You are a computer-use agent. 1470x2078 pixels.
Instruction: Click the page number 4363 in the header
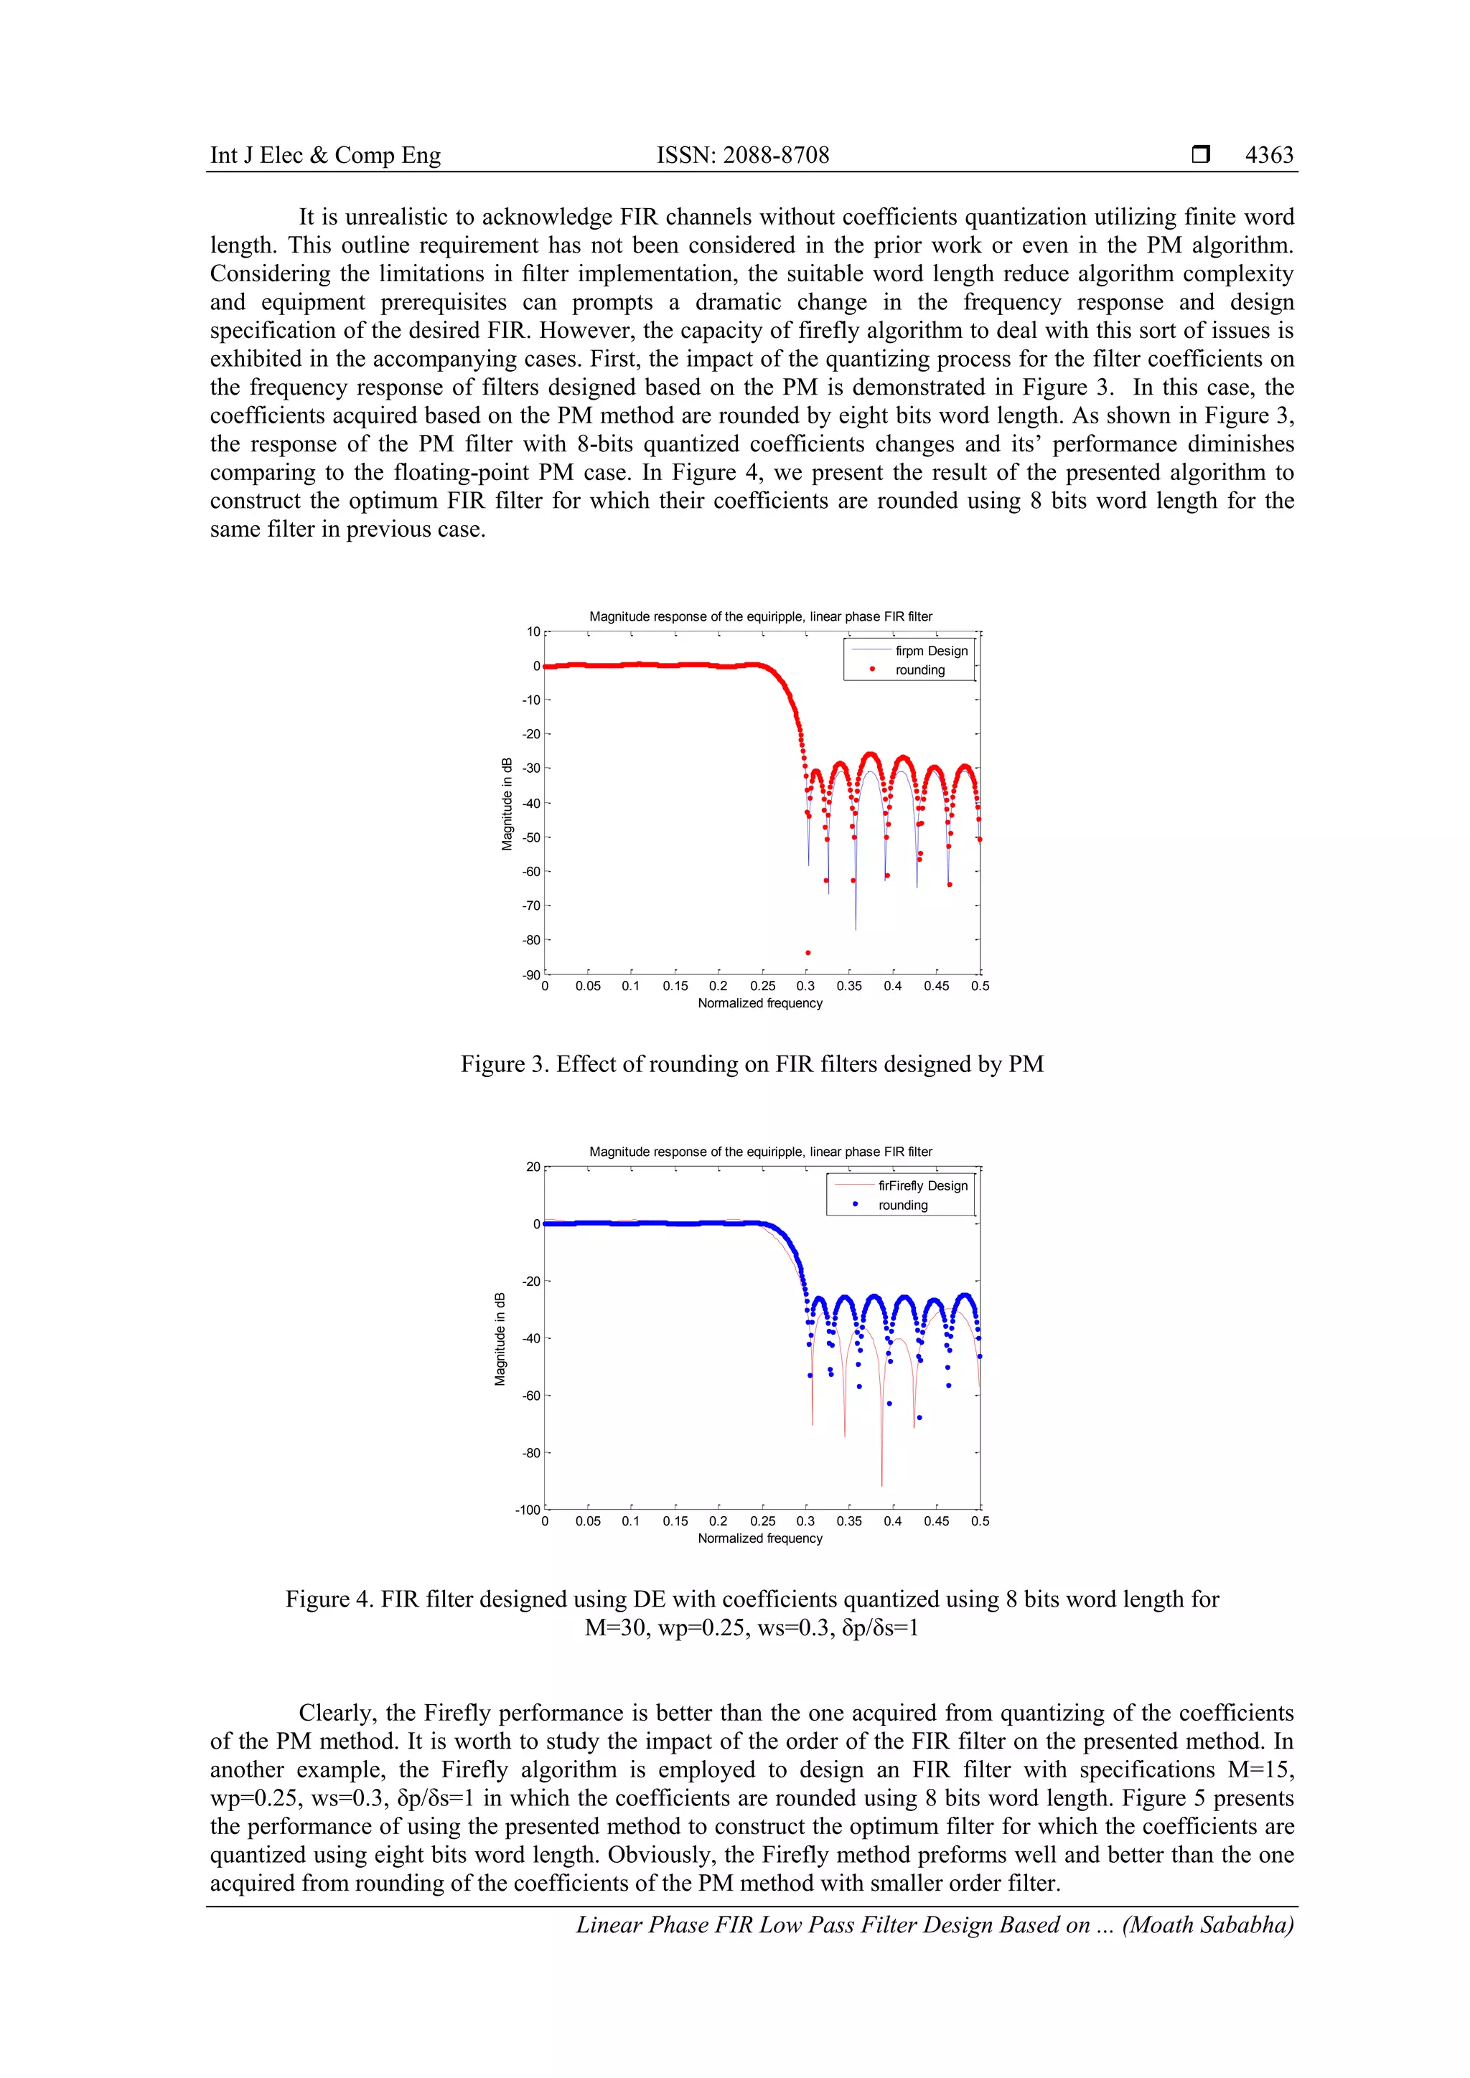(1269, 155)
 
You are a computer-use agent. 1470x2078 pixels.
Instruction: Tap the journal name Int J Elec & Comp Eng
(325, 155)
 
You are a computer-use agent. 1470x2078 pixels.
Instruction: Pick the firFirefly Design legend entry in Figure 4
(922, 1185)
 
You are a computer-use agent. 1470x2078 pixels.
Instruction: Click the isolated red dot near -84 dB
(808, 952)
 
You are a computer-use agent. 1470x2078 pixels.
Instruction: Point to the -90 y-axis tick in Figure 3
(530, 974)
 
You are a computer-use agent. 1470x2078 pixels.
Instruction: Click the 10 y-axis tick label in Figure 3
(533, 631)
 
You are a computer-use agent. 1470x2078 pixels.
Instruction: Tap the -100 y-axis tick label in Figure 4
(528, 1510)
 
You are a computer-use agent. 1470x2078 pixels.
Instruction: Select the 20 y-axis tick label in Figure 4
(533, 1167)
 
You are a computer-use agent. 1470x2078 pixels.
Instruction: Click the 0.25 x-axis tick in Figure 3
(762, 987)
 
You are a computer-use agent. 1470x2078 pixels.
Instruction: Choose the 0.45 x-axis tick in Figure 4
(936, 1521)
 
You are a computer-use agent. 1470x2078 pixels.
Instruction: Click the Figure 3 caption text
(752, 1064)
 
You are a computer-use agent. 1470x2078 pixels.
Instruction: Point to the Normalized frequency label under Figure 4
(759, 1538)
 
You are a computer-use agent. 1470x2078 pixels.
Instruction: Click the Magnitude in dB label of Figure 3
(507, 804)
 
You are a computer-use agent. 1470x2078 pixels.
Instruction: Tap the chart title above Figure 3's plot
(760, 616)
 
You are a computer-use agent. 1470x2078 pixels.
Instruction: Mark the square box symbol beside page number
(1200, 155)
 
